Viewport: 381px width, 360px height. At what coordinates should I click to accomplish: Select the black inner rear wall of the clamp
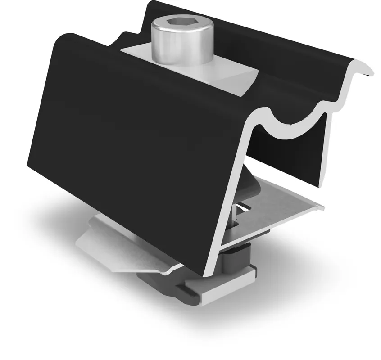click(x=288, y=153)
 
